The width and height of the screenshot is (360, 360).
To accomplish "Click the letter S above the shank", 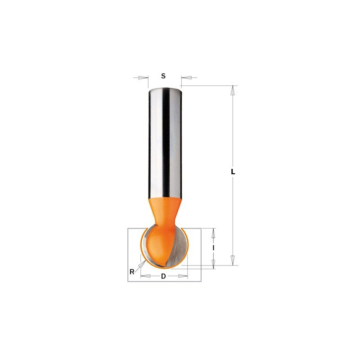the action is click(x=163, y=76).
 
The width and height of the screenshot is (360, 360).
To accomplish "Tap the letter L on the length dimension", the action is click(x=233, y=171).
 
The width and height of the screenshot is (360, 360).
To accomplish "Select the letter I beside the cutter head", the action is click(x=213, y=248).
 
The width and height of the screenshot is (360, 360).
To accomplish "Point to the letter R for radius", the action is click(x=132, y=272).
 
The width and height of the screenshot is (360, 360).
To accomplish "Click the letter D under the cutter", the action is click(x=163, y=276).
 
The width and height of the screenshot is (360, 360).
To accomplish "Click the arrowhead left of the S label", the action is click(x=143, y=77).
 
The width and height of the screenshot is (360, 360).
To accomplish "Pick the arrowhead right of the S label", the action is click(x=186, y=77).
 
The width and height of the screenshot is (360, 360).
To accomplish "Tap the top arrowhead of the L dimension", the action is click(x=233, y=90).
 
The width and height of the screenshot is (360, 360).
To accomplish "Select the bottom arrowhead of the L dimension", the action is click(x=233, y=261).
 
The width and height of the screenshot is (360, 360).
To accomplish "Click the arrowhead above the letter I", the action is click(x=213, y=233).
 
